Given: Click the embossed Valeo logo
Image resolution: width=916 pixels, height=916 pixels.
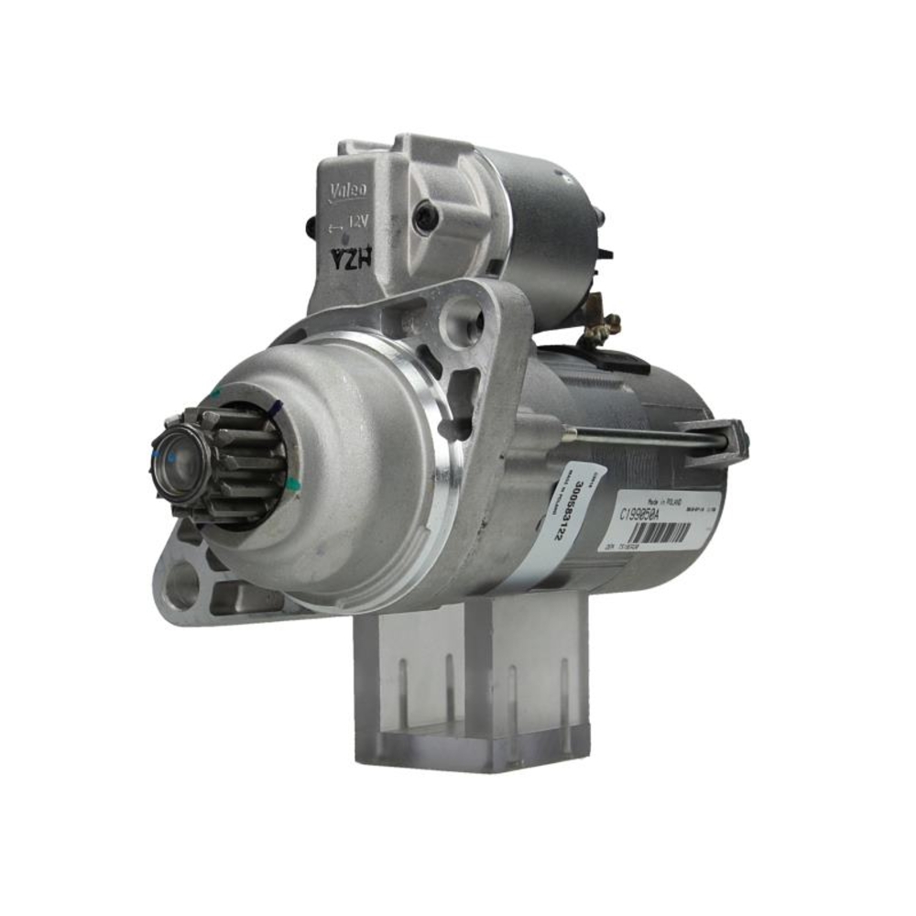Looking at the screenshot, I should coord(347,190).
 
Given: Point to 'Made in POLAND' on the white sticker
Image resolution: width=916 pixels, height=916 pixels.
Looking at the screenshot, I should coord(666,492).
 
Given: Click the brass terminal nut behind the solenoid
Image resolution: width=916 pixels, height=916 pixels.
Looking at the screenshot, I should coord(605,324).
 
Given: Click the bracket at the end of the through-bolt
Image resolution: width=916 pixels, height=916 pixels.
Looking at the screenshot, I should coord(724,441).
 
